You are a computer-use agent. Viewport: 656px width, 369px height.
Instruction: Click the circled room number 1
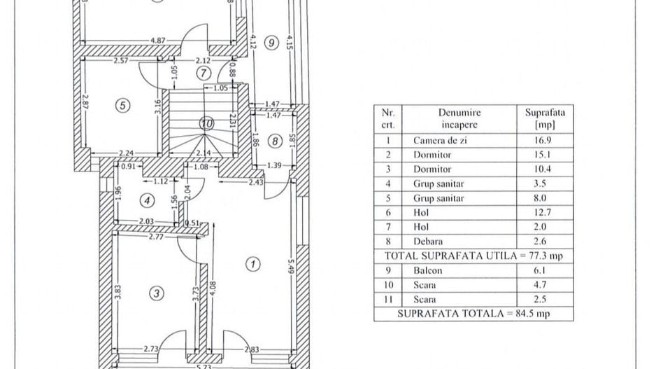(x=252, y=264)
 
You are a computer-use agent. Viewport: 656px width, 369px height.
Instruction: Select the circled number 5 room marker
(x=122, y=106)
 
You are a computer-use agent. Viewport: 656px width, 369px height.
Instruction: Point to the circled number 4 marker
(x=147, y=200)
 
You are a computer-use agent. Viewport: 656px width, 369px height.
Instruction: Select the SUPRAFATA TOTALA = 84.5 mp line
(x=473, y=314)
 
